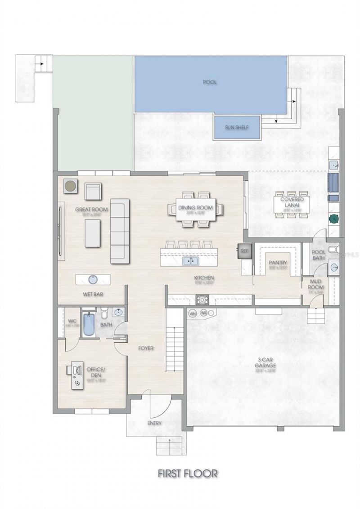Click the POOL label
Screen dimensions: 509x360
pyautogui.click(x=210, y=82)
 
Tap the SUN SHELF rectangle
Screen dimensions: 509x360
pyautogui.click(x=237, y=127)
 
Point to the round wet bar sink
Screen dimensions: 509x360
pyautogui.click(x=93, y=279)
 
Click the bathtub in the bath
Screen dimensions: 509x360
pyautogui.click(x=88, y=325)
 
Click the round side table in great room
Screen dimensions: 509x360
pyautogui.click(x=70, y=186)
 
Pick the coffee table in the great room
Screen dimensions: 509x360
pyautogui.click(x=93, y=233)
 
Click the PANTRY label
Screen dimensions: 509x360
pyautogui.click(x=278, y=263)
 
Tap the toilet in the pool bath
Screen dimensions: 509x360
pyautogui.click(x=333, y=250)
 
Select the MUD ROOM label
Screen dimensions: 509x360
pyautogui.click(x=315, y=284)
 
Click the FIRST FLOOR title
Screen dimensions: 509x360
pyautogui.click(x=188, y=473)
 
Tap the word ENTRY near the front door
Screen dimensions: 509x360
pyautogui.click(x=154, y=423)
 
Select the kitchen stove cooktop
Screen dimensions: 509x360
pyautogui.click(x=202, y=299)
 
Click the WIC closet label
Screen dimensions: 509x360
pyautogui.click(x=71, y=322)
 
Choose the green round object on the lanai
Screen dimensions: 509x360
pyautogui.click(x=334, y=219)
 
